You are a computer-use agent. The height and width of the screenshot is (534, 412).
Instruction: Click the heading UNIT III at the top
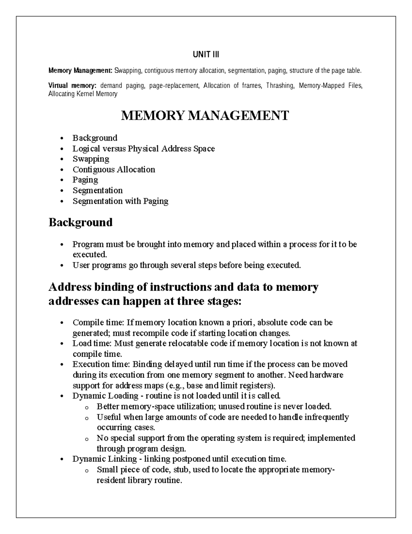click(206, 54)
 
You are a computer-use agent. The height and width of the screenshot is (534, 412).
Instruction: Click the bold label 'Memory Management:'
click(80, 71)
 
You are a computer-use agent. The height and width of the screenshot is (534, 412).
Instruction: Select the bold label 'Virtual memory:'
click(72, 86)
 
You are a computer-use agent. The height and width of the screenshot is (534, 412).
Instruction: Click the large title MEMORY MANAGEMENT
click(205, 116)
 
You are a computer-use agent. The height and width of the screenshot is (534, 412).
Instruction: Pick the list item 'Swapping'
click(91, 159)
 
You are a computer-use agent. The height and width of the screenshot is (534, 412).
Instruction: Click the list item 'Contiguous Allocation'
click(114, 170)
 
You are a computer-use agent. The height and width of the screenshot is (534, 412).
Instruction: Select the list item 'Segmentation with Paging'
click(120, 201)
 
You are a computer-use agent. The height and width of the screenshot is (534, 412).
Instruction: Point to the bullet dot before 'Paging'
click(62, 180)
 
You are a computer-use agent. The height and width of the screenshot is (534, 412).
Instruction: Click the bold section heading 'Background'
click(80, 222)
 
